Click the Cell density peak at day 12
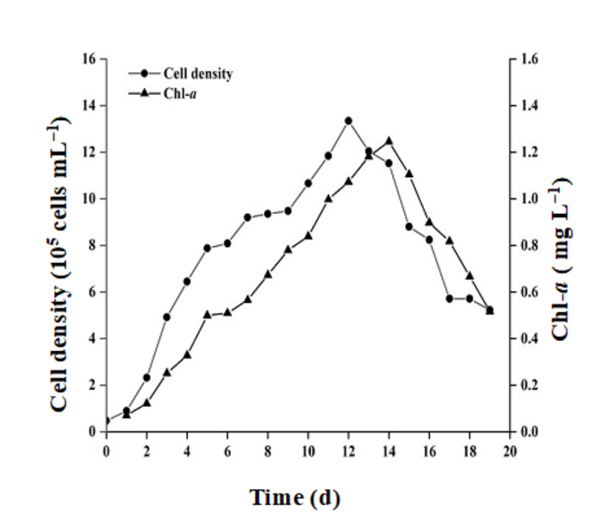348,121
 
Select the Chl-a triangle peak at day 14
389,140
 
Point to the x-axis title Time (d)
295,498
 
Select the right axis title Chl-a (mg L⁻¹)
559,259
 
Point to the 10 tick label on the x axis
308,452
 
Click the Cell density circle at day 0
107,420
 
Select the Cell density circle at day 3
167,317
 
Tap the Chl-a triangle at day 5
207,315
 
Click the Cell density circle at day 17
449,299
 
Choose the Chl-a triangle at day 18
469,276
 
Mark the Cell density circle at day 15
408,227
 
